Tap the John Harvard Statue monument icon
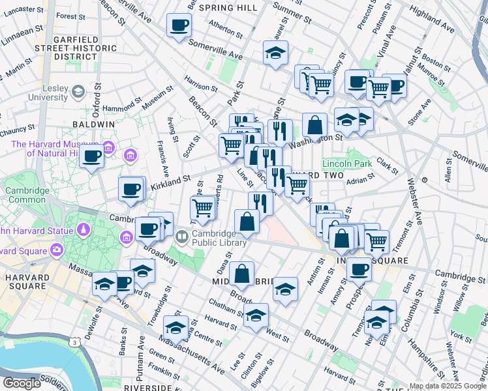pyautogui.click(x=84, y=229)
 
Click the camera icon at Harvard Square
pyautogui.click(x=57, y=250)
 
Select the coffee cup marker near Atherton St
pyautogui.click(x=179, y=26)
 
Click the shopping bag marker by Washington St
pyautogui.click(x=314, y=126)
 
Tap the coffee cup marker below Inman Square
pyautogui.click(x=358, y=268)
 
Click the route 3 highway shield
pyautogui.click(x=76, y=341)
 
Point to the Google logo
pyautogui.click(x=22, y=383)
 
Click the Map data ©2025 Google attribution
pyautogui.click(x=448, y=386)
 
